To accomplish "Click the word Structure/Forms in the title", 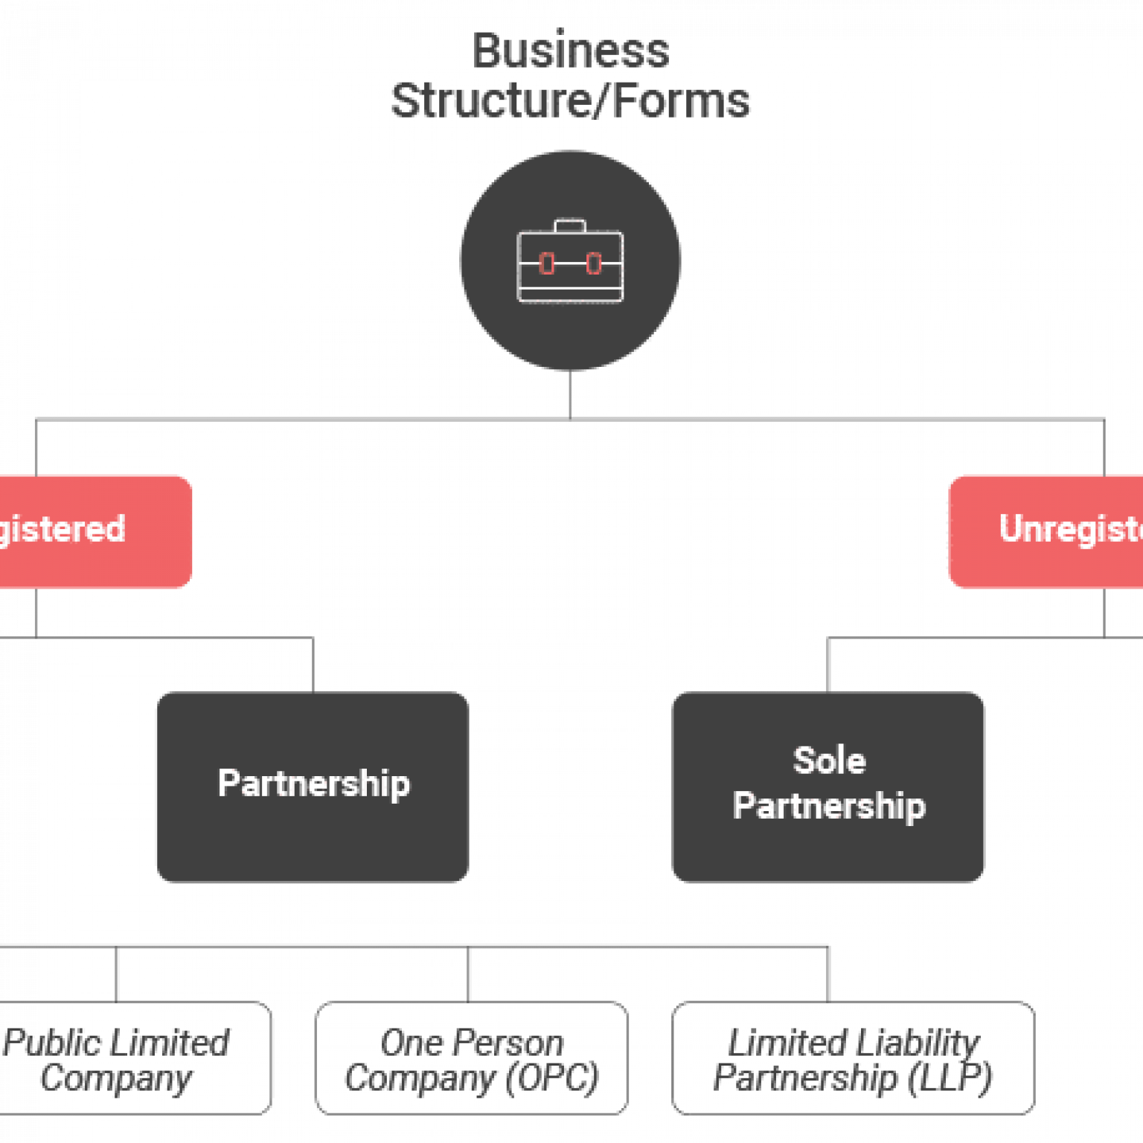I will (571, 100).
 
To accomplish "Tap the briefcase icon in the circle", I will (570, 261).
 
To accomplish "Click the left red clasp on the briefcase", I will (547, 263).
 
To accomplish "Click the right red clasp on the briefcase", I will (594, 263).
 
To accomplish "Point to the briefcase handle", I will (570, 225).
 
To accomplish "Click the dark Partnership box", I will (313, 787).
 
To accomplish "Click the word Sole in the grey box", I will (829, 761).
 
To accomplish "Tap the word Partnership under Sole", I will (829, 806).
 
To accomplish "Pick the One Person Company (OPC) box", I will (471, 1058).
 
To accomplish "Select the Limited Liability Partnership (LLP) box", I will (853, 1058).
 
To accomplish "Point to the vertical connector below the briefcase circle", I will (570, 394).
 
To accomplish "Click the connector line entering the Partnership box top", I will (313, 665).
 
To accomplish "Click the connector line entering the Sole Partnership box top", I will (828, 665).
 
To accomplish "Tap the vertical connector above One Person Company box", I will (469, 974).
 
